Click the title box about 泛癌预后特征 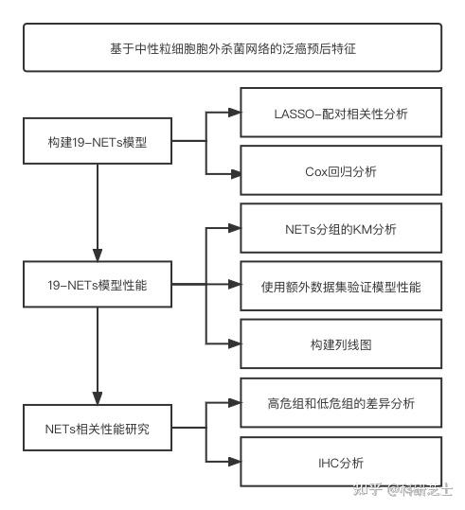(233, 47)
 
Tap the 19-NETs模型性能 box (98, 284)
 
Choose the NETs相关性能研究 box (98, 428)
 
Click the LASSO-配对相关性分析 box (341, 114)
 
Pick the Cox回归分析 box (341, 171)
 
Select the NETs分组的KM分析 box (341, 228)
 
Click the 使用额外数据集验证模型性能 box (341, 285)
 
